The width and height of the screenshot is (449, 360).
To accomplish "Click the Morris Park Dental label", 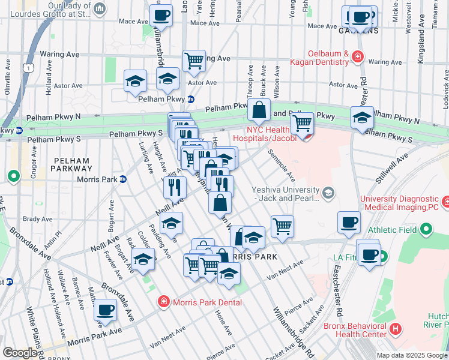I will (207, 302).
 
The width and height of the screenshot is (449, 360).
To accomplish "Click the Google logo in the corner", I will (19, 353).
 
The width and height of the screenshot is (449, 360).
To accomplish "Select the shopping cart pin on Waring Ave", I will (194, 61).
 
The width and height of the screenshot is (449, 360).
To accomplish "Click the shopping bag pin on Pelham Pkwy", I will (259, 110).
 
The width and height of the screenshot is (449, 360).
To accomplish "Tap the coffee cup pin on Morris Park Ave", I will (105, 310).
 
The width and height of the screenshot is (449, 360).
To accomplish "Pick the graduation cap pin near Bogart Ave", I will (142, 260).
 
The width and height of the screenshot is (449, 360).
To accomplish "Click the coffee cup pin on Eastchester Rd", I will (349, 223).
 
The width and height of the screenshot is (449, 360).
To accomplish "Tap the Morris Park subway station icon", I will (123, 179).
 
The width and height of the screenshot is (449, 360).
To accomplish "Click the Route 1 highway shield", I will (28, 69).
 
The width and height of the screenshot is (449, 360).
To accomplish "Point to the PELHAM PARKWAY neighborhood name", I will (71, 165).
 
